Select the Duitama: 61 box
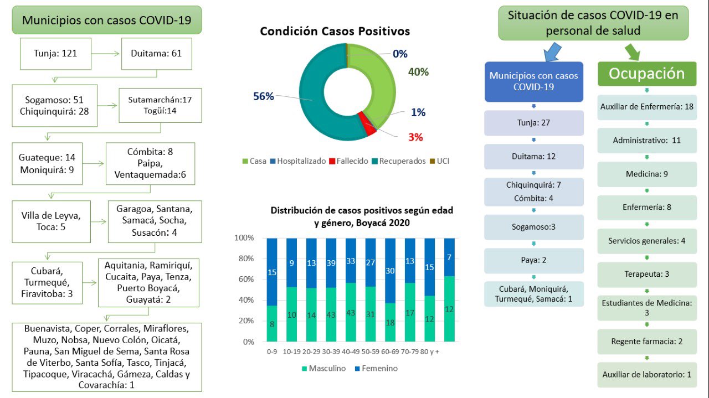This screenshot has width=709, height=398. tap(156, 54)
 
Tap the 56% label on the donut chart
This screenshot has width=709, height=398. tap(264, 96)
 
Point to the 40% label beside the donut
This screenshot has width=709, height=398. tap(418, 72)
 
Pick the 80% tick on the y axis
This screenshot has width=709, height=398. tap(245, 259)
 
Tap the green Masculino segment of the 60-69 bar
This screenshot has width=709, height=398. tap(390, 322)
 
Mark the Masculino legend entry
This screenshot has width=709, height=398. tap(322, 368)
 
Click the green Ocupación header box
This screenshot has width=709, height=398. tap(647, 74)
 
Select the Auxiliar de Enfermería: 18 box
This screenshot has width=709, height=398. tap(647, 107)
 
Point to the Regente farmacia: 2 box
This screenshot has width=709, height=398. tap(647, 341)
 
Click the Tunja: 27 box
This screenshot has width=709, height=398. tap(533, 123)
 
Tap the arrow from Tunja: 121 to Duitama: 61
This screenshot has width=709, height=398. tap(106, 54)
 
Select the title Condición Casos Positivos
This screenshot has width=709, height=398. tap(335, 31)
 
